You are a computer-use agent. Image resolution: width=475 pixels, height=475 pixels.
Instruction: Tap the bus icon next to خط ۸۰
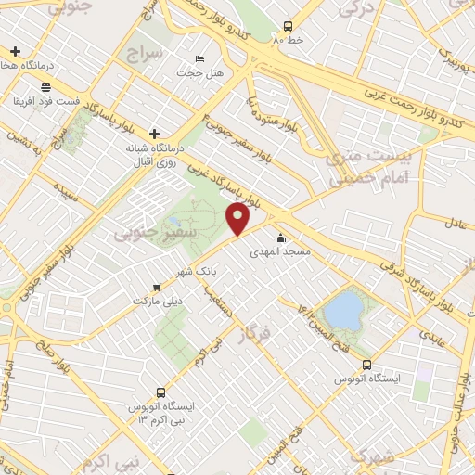289,26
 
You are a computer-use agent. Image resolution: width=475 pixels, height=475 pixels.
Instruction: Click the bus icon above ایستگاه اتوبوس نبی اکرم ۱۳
161,392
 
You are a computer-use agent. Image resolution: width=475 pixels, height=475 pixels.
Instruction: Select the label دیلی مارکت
160,302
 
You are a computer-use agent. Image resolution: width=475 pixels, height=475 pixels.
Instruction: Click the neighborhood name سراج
147,51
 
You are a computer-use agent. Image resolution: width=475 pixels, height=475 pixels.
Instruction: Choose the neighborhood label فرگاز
261,337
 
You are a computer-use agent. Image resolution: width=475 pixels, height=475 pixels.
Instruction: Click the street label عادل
457,224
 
